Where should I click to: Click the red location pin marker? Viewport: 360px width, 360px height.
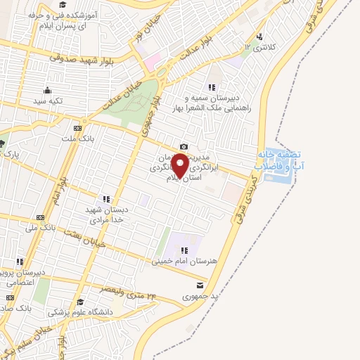pyautogui.click(x=180, y=165)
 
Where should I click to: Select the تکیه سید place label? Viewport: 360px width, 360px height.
pyautogui.click(x=47, y=101)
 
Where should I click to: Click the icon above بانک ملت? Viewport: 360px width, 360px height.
pyautogui.click(x=77, y=128)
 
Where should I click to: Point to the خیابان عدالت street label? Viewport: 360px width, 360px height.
pyautogui.click(x=124, y=93)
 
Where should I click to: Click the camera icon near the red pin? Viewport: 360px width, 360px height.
pyautogui.click(x=184, y=146)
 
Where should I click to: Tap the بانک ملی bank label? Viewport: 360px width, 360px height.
pyautogui.click(x=40, y=229)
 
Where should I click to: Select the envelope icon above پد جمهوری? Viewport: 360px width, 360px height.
pyautogui.click(x=200, y=285)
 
